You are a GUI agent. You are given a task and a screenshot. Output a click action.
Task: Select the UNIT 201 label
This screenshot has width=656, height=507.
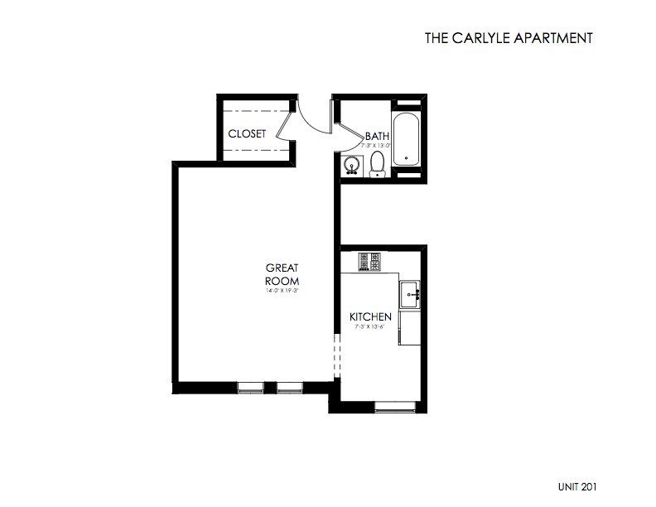point(576,487)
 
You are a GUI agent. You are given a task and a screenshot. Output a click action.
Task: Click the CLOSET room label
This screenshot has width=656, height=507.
point(247,133)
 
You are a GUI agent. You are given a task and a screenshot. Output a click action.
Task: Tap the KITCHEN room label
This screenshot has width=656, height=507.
point(369,317)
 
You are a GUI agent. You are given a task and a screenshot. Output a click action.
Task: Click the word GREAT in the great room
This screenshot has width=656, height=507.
point(281,268)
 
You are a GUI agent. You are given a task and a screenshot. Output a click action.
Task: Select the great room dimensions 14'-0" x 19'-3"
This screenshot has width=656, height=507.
point(281,292)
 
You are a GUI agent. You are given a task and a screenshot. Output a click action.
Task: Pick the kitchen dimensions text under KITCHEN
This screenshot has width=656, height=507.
point(369,328)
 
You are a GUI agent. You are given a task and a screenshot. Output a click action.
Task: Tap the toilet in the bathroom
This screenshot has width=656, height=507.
point(379,163)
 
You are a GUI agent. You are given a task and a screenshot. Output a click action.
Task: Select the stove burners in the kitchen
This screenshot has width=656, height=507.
point(369,263)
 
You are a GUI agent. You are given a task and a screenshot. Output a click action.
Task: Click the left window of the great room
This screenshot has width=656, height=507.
point(248,386)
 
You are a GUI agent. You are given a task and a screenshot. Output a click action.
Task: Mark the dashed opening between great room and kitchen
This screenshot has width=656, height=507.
point(336,354)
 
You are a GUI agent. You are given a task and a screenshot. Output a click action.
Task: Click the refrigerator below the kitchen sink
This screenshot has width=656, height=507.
point(411,328)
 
